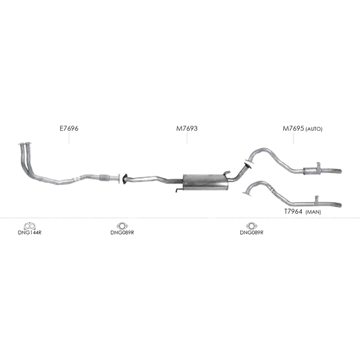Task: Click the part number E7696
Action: (69, 128)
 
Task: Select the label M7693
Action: (187, 128)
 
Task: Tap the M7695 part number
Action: (294, 128)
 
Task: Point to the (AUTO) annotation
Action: (314, 129)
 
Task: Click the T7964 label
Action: (293, 211)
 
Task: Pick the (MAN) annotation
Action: (313, 212)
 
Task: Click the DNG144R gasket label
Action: (30, 233)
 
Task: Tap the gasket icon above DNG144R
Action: (30, 226)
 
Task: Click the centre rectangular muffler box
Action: (206, 182)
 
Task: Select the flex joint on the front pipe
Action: (105, 177)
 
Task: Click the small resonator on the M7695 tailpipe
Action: (312, 171)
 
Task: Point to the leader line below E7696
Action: (69, 138)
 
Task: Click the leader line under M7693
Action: (187, 138)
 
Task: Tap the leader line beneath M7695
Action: (294, 138)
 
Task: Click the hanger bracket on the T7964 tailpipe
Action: (316, 199)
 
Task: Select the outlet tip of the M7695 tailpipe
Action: (340, 171)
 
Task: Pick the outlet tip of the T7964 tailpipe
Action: (340, 205)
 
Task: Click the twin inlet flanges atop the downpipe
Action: (25, 144)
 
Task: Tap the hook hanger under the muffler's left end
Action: (179, 190)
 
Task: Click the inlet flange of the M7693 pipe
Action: (125, 179)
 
